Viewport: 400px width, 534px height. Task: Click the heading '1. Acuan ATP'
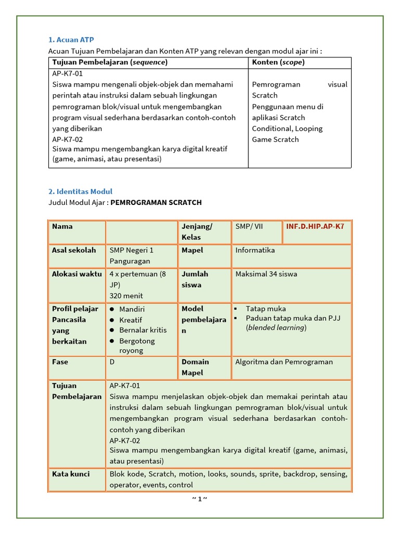point(71,40)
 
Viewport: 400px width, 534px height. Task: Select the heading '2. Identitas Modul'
point(80,191)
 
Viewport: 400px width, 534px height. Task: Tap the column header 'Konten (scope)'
point(278,63)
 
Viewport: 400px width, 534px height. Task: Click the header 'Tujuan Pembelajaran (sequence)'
point(110,63)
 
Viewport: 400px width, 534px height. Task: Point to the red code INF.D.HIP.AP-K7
point(315,226)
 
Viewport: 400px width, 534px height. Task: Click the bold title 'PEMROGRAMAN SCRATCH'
point(156,202)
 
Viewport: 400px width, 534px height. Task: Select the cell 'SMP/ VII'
point(249,226)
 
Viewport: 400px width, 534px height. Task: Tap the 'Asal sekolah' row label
point(73,250)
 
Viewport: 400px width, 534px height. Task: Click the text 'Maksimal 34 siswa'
point(266,274)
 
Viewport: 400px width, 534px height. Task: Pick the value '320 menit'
point(126,296)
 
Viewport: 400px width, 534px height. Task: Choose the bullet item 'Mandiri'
point(132,309)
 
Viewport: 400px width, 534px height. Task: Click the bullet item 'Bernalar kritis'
point(143,331)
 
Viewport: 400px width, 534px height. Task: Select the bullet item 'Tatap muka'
point(266,309)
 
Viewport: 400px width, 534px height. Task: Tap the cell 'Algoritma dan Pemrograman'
point(284,362)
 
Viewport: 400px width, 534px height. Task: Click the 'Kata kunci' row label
point(71,474)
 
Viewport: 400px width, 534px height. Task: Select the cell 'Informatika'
point(255,250)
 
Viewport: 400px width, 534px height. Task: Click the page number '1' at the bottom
point(199,499)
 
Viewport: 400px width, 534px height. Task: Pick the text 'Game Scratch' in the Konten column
point(275,139)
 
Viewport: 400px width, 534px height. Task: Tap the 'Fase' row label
point(60,362)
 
